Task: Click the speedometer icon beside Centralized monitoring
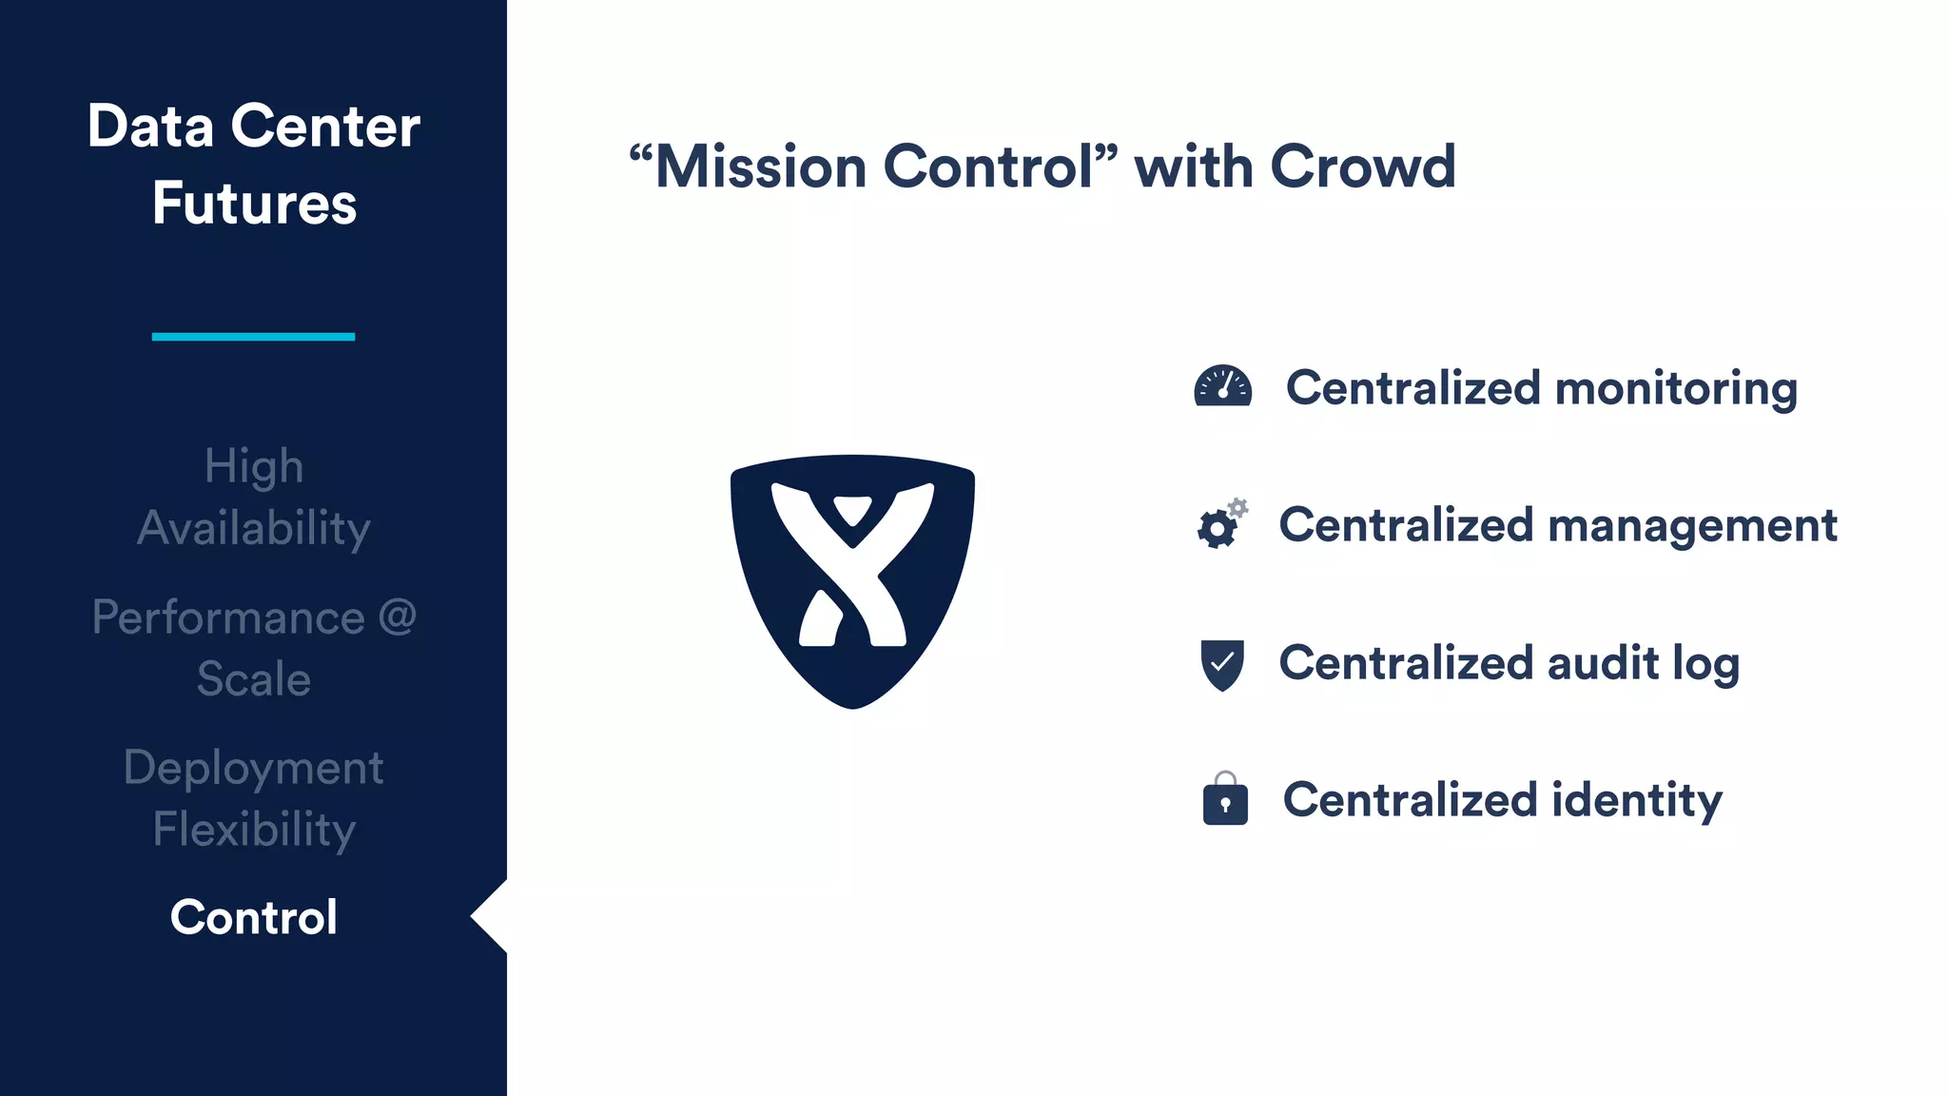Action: pos(1222,386)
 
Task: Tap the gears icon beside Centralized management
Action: pos(1221,523)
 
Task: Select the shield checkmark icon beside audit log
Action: pos(1222,664)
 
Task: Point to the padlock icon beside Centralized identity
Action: pos(1225,799)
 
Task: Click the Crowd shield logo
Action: pos(852,580)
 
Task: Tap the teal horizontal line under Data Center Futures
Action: pos(253,336)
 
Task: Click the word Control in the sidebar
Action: pos(253,917)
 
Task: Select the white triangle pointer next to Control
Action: pos(491,916)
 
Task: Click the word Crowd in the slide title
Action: pos(1362,166)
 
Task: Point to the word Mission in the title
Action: pos(761,166)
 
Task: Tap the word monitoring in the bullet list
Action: pos(1675,389)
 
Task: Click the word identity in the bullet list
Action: pos(1636,801)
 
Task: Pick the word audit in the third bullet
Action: pos(1602,663)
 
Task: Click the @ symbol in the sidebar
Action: pos(398,617)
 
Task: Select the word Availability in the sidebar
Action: pos(253,529)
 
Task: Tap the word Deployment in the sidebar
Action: pos(253,768)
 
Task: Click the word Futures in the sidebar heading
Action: pos(254,204)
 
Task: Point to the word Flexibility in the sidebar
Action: pos(254,830)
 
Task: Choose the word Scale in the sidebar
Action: pos(254,679)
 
